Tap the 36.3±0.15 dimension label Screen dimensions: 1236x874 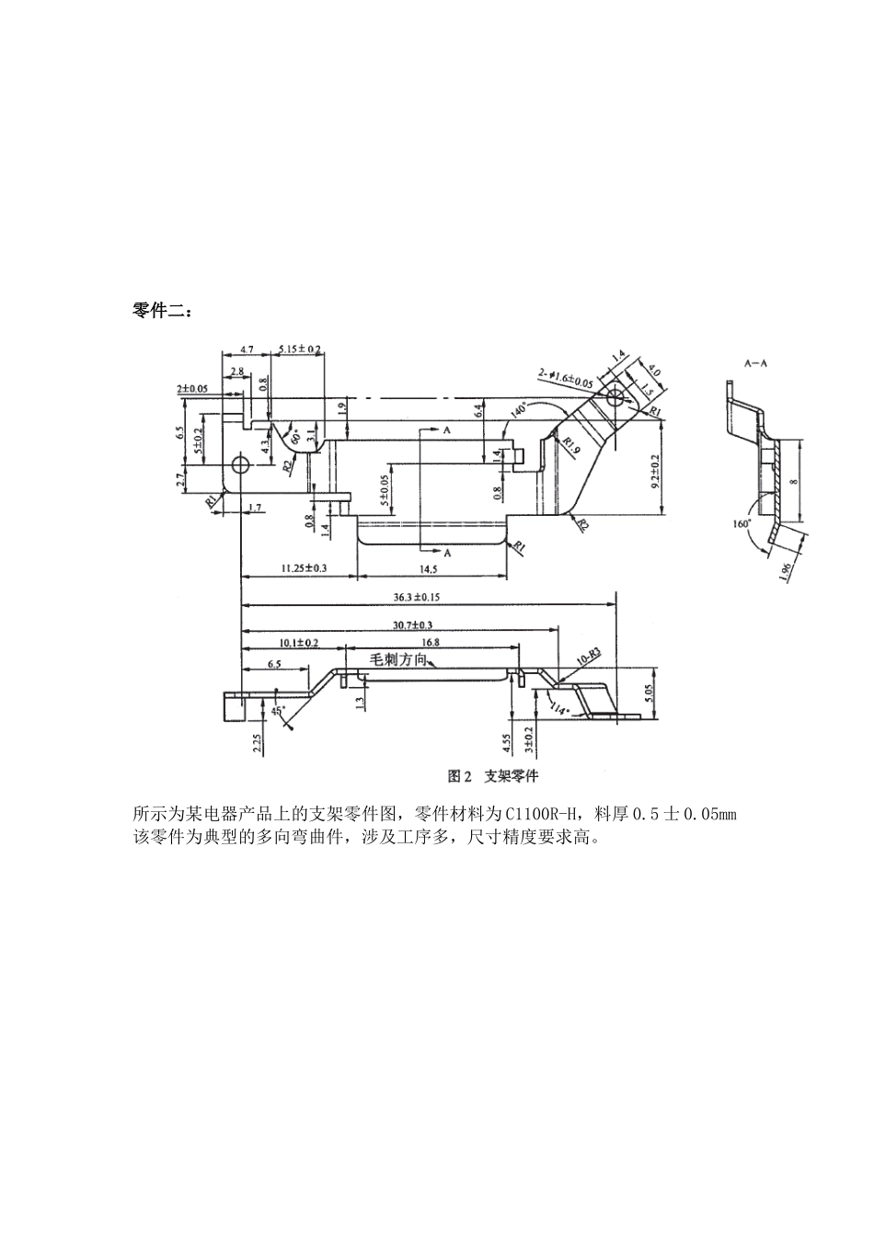tap(416, 598)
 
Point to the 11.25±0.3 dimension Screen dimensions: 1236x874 tap(298, 569)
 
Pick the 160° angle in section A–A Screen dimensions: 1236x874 tap(742, 523)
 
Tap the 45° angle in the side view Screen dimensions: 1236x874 tap(278, 710)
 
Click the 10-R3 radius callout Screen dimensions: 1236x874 tap(588, 657)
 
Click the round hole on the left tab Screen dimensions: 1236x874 tap(242, 464)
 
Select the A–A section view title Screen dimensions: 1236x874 tap(755, 363)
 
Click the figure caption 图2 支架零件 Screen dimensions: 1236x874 tap(493, 775)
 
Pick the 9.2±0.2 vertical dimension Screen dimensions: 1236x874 tap(655, 470)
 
